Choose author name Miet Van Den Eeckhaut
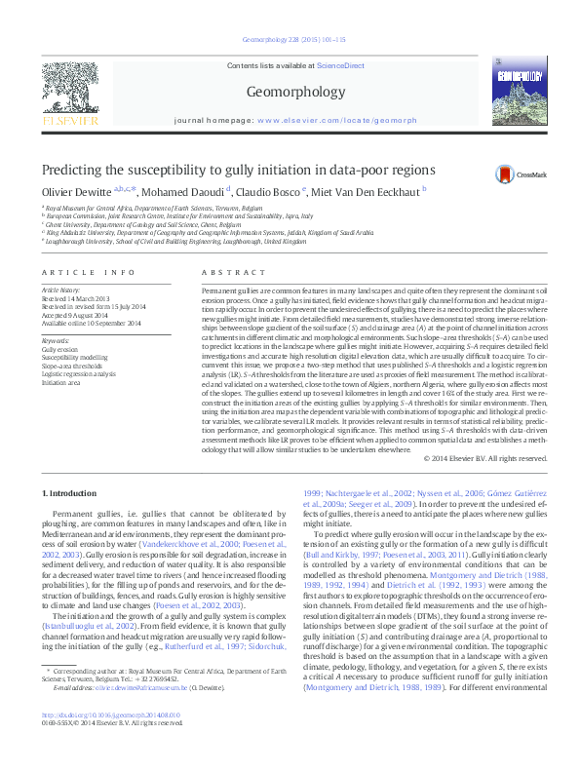click(364, 191)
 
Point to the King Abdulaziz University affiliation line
click(207, 233)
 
